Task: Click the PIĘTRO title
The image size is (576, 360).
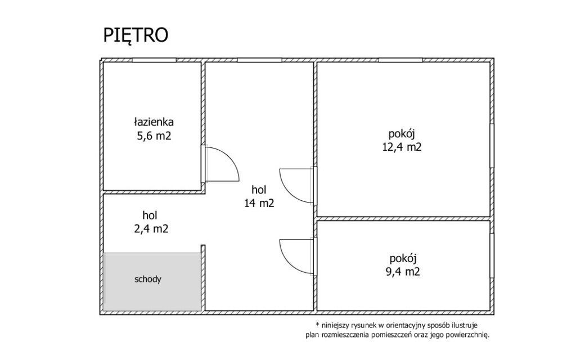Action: click(x=136, y=35)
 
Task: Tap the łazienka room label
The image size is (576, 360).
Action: click(x=154, y=121)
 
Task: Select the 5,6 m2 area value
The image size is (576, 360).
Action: click(x=154, y=136)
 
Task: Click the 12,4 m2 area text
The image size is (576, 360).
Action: click(x=402, y=147)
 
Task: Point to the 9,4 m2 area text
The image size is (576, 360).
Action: click(x=403, y=272)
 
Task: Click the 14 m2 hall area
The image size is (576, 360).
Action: click(x=259, y=203)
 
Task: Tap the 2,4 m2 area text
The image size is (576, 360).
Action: click(x=151, y=229)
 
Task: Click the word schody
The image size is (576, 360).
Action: click(x=148, y=279)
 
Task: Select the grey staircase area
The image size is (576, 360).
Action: click(x=152, y=282)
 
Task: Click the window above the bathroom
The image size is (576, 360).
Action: click(x=154, y=60)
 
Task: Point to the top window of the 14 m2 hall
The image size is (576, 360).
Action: click(x=259, y=60)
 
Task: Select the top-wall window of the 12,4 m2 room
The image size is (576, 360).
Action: click(x=400, y=60)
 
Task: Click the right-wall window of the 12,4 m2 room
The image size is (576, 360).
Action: click(x=492, y=146)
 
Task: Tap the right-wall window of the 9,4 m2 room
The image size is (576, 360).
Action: click(x=492, y=256)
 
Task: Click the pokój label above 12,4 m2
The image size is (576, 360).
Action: click(x=402, y=134)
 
